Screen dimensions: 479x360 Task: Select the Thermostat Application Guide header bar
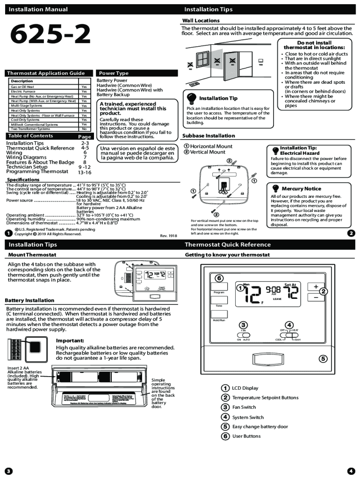pyautogui.click(x=49, y=73)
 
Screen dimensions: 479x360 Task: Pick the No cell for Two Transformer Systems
pyautogui.click(x=84, y=129)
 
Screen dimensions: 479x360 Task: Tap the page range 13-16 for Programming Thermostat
pyautogui.click(x=84, y=172)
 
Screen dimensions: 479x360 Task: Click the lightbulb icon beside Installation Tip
pyautogui.click(x=191, y=98)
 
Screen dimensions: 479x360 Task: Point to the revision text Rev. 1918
pyautogui.click(x=168, y=236)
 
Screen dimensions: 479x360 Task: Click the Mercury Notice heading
pyautogui.click(x=301, y=189)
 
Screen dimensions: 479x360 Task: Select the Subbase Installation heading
pyautogui.click(x=209, y=136)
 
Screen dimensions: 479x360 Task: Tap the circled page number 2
pyautogui.click(x=351, y=233)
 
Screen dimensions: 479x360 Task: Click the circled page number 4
pyautogui.click(x=351, y=471)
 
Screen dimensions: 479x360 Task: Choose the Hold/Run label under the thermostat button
pyautogui.click(x=219, y=320)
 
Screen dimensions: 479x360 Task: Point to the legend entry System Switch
pyautogui.click(x=248, y=417)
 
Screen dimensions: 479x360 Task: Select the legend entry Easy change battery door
pyautogui.click(x=260, y=427)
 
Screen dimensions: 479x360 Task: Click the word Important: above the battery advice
pyautogui.click(x=70, y=340)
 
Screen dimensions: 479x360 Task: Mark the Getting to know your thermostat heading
pyautogui.click(x=227, y=255)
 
